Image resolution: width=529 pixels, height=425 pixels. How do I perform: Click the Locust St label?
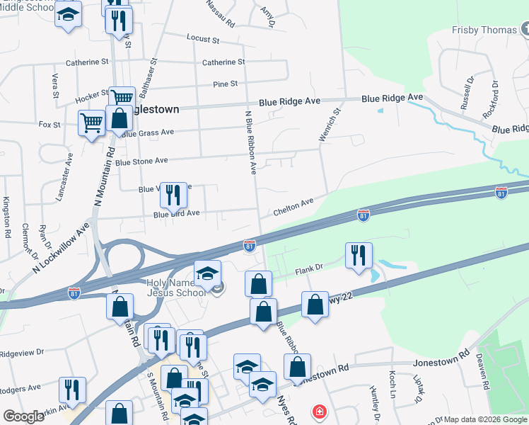click(x=203, y=38)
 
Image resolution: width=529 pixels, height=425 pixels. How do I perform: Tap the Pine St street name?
click(x=226, y=84)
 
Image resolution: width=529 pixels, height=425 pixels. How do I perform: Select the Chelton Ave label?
click(x=293, y=203)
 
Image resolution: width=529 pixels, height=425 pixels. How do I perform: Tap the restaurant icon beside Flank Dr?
click(x=359, y=255)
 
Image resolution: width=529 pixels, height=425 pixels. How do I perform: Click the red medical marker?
click(x=320, y=411)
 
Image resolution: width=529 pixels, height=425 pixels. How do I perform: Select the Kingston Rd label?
click(x=7, y=217)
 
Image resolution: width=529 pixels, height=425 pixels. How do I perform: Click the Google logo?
click(x=24, y=416)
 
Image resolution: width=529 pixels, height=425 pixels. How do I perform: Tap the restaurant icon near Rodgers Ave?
click(x=72, y=390)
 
